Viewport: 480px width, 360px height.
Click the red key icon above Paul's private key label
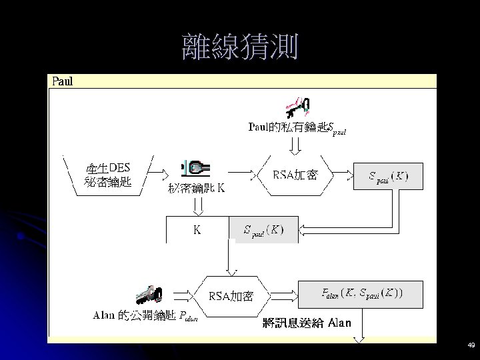click(296, 105)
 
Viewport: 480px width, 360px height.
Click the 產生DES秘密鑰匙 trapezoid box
click(108, 175)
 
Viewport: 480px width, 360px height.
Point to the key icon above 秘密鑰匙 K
click(195, 167)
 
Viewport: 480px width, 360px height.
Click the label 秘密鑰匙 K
click(197, 188)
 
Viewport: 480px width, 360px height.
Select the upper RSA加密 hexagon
click(295, 175)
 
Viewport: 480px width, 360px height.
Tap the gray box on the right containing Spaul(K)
click(388, 177)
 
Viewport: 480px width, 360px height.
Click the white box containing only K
click(197, 230)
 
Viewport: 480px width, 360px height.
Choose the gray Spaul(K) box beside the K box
click(263, 230)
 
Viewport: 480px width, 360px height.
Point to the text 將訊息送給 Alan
click(307, 323)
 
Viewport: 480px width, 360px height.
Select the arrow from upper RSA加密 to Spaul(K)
click(341, 176)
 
